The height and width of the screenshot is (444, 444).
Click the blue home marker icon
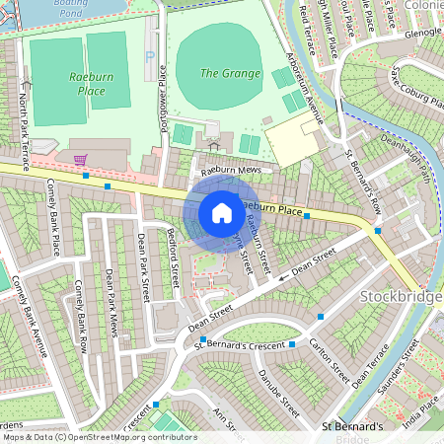pos(222,212)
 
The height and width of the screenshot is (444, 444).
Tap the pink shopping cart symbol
pos(80,159)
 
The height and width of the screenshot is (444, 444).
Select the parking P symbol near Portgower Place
pos(150,58)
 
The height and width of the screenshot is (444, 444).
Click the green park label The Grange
pos(230,73)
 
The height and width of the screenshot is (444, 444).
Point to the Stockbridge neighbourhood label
pos(403,297)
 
